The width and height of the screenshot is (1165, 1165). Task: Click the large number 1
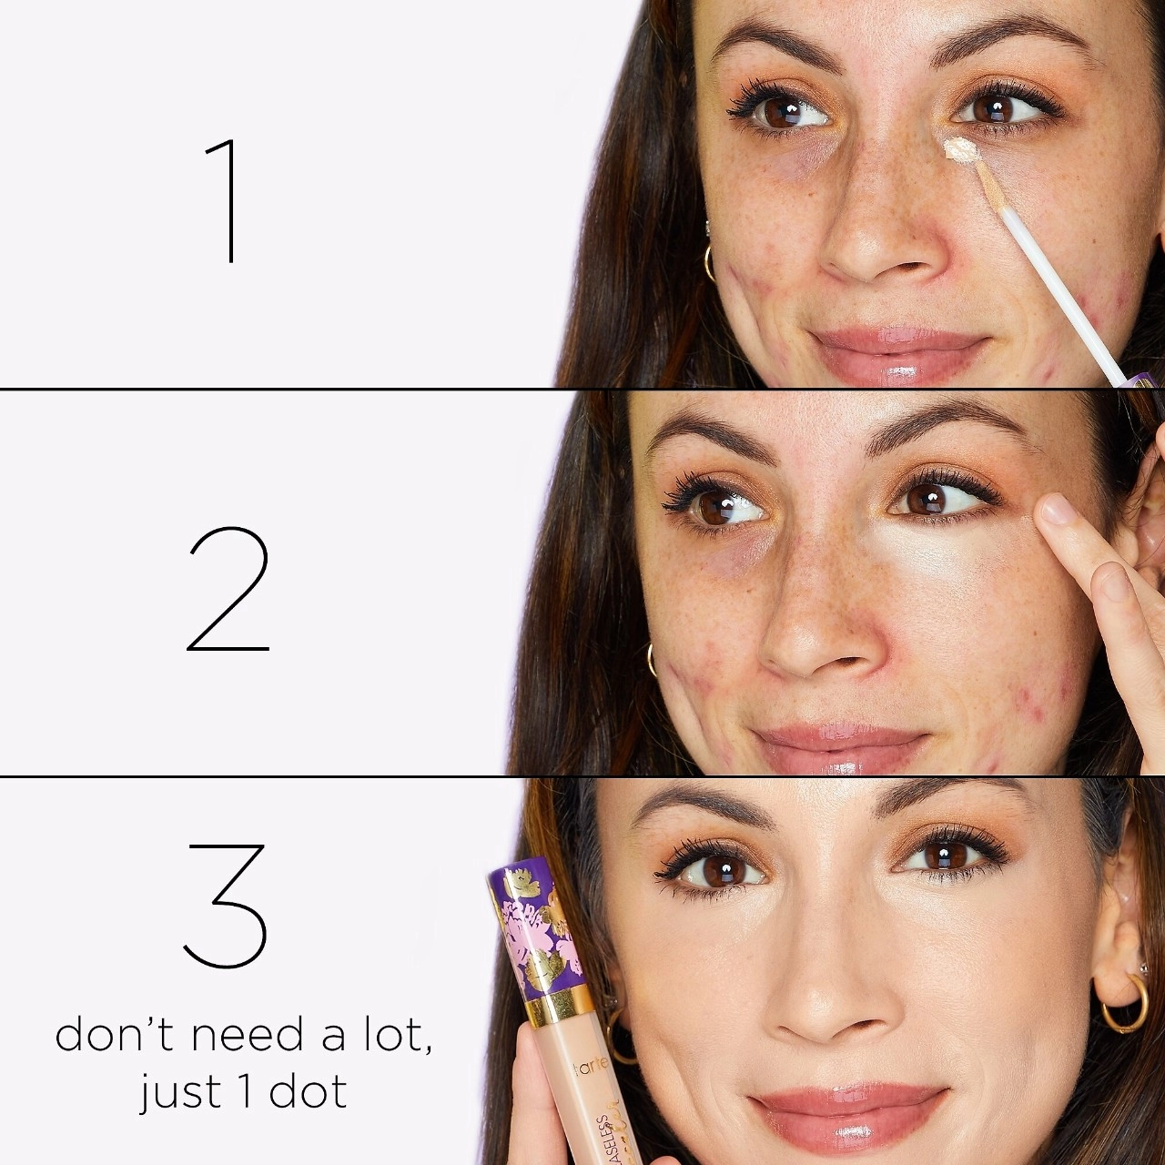(x=226, y=201)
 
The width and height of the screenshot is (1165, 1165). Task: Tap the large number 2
(x=228, y=589)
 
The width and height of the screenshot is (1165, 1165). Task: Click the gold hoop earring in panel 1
(x=709, y=262)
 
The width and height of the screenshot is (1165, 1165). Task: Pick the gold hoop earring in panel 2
(x=652, y=659)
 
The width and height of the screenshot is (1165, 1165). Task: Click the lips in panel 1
(x=897, y=355)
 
